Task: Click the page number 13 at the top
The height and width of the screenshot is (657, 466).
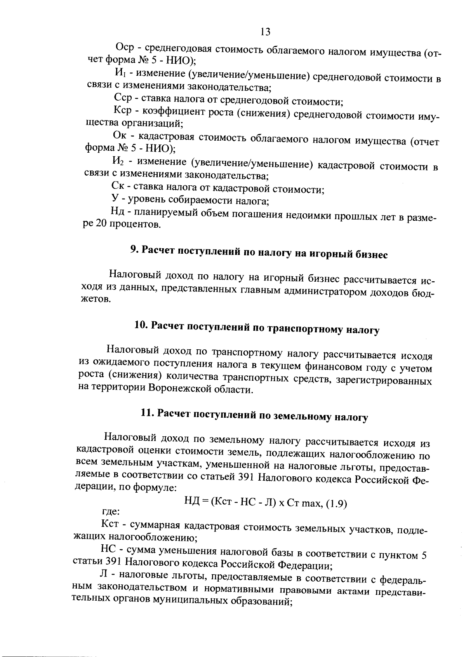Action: [x=266, y=31]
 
